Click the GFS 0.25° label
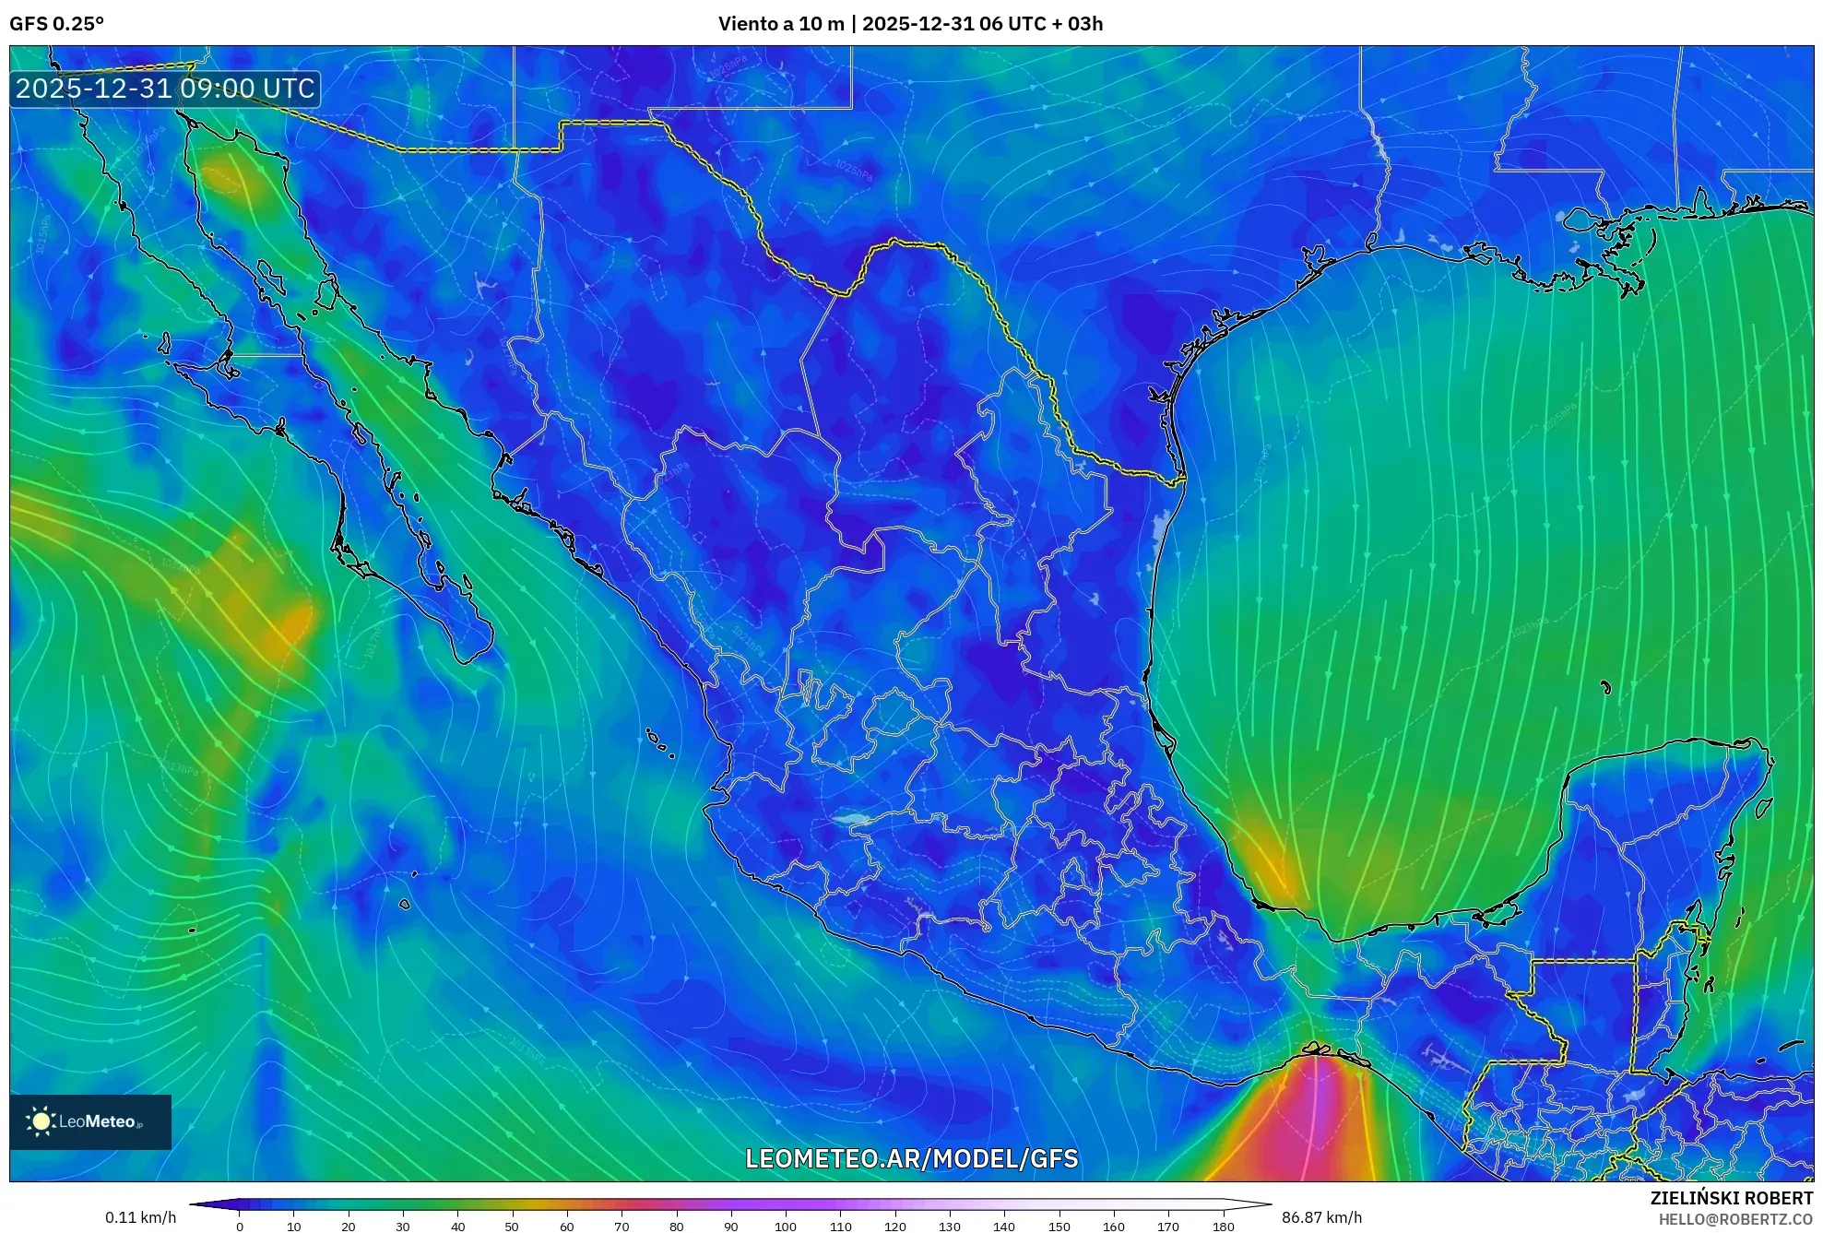(56, 24)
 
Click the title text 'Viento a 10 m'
(780, 24)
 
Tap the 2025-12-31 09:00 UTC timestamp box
(165, 89)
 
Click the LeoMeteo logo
(90, 1121)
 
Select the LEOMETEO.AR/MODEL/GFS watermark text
(911, 1158)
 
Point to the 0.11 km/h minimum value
(140, 1217)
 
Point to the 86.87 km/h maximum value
(1321, 1217)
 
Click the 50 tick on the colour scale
(512, 1227)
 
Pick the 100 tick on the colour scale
(786, 1227)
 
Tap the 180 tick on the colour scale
(1224, 1227)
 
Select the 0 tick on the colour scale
(240, 1227)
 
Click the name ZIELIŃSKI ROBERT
(1731, 1198)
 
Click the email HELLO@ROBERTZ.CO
(1735, 1219)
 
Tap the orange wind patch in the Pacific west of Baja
(277, 618)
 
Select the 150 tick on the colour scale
(1059, 1227)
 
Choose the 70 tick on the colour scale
(621, 1227)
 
